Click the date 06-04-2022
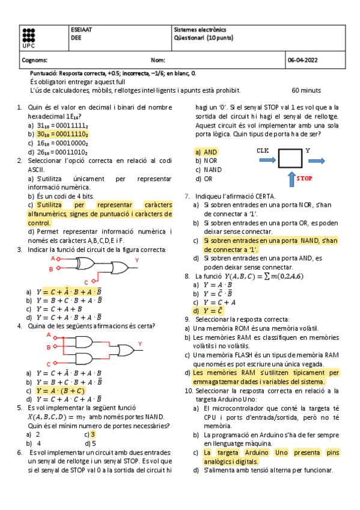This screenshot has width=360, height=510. pyautogui.click(x=303, y=60)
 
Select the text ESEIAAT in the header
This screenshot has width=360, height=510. pyautogui.click(x=81, y=29)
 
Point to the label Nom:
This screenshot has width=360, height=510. pyautogui.click(x=158, y=60)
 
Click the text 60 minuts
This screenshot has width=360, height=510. pyautogui.click(x=307, y=90)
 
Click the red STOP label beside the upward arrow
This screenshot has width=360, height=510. pyautogui.click(x=305, y=179)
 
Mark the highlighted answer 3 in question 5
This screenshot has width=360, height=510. pyautogui.click(x=93, y=434)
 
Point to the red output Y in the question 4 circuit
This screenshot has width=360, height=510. pyautogui.click(x=140, y=343)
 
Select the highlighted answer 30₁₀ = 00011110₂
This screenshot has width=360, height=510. pyautogui.click(x=63, y=135)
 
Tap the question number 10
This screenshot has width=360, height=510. pyautogui.click(x=188, y=390)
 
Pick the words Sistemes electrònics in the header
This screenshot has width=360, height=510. pyautogui.click(x=197, y=29)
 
